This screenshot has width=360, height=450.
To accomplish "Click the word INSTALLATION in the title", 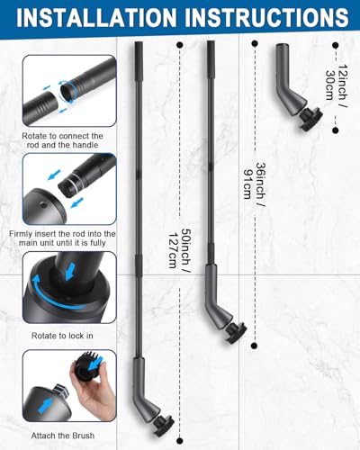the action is pyautogui.click(x=96, y=17).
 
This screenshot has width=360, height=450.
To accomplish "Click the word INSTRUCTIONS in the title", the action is pyautogui.click(x=266, y=17).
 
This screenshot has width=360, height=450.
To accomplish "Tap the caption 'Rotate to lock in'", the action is pyautogui.click(x=62, y=336).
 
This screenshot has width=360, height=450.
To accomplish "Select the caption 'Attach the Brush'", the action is pyautogui.click(x=63, y=436).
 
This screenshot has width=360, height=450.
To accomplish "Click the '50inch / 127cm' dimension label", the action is pyautogui.click(x=179, y=248).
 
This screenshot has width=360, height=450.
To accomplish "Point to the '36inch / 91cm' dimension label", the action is pyautogui.click(x=255, y=181).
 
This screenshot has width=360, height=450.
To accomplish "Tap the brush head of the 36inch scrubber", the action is pyautogui.click(x=237, y=332).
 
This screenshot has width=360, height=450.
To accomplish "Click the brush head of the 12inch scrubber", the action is pyautogui.click(x=310, y=119).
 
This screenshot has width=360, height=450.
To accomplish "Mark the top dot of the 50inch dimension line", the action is pyautogui.click(x=180, y=45).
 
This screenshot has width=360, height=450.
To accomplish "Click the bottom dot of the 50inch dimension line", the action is pyautogui.click(x=180, y=441).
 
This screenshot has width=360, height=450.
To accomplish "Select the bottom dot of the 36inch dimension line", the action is pyautogui.click(x=255, y=346).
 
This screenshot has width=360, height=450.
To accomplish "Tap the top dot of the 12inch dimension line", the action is pyautogui.click(x=336, y=45).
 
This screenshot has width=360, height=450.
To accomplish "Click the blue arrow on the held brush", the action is pyautogui.click(x=96, y=364).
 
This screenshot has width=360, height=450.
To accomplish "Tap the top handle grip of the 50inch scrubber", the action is pyautogui.click(x=139, y=60).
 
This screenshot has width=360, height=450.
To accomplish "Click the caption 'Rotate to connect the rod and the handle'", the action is pyautogui.click(x=62, y=140).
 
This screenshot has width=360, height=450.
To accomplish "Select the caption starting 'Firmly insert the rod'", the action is pyautogui.click(x=62, y=238).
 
